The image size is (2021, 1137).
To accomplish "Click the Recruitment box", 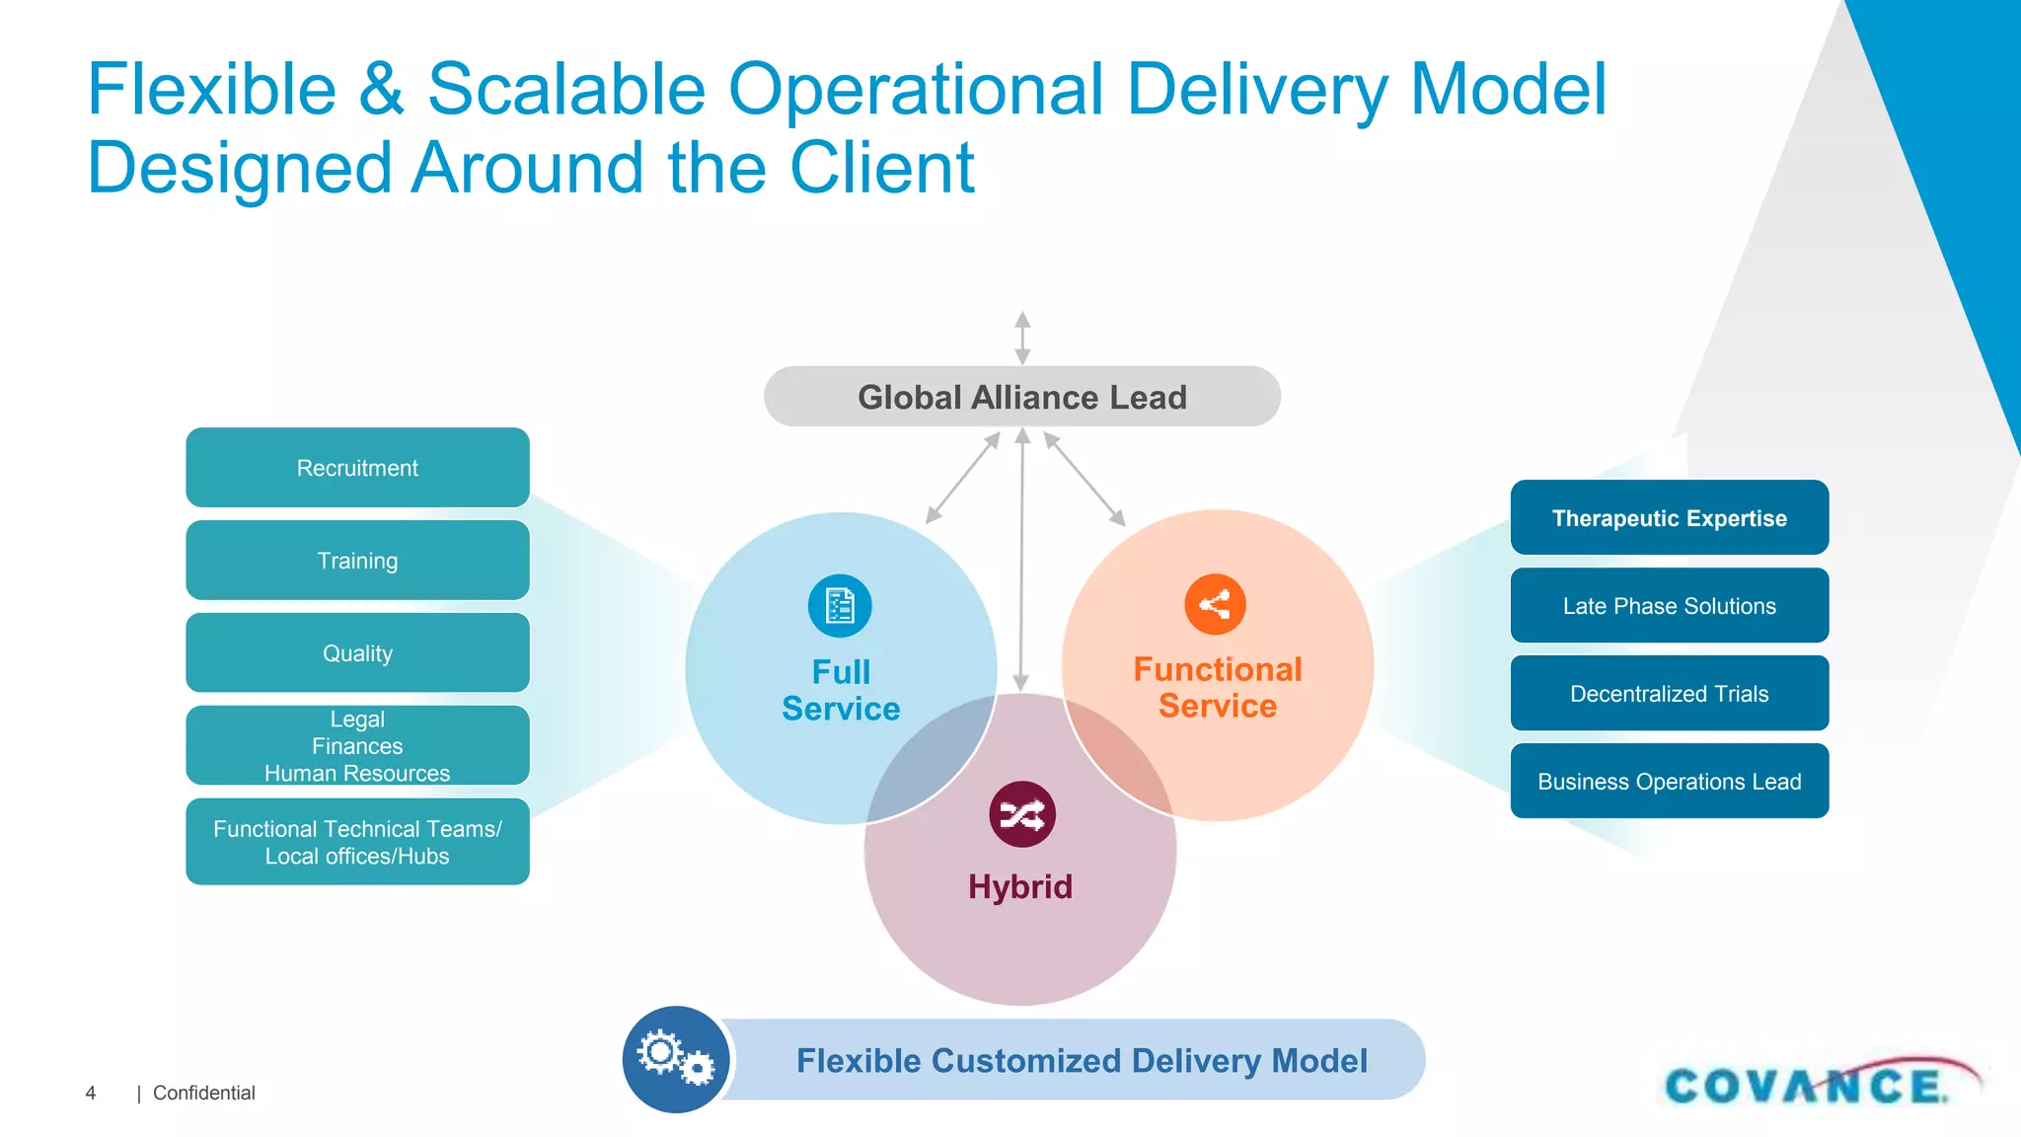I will click(357, 468).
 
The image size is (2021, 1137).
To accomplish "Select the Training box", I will click(357, 561).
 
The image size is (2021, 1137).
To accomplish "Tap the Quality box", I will click(357, 653).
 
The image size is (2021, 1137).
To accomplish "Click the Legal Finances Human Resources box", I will click(357, 746).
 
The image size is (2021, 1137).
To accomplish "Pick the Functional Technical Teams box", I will click(357, 842).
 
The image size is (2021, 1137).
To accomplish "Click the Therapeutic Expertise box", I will click(1669, 518).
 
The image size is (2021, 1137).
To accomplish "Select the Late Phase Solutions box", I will click(1669, 606).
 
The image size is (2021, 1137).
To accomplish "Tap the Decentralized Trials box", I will click(1669, 694).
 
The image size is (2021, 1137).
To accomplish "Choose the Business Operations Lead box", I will click(1669, 782).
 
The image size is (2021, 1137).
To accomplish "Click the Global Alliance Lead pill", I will click(1022, 397).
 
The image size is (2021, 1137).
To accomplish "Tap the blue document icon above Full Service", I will click(840, 606).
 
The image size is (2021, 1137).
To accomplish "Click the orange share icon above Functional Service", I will click(1215, 604).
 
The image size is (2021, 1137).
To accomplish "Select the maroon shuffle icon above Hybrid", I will click(1022, 814).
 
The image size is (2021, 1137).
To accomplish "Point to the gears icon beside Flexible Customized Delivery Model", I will click(676, 1059).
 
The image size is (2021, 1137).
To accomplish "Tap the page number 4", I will click(91, 1093).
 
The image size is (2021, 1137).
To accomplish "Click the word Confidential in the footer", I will click(204, 1093).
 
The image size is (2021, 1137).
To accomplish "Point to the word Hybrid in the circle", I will click(1020, 886).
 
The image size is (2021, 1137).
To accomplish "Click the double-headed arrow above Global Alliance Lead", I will click(1022, 339).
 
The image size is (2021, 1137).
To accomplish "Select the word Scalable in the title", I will click(566, 89).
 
